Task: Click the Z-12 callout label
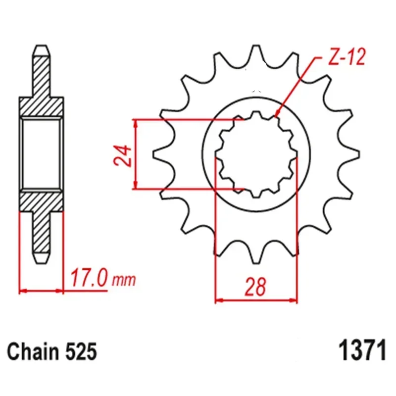point(346,57)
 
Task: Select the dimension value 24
point(123,155)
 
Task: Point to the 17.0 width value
point(89,278)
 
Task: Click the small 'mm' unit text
point(124,280)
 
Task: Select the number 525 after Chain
point(81,351)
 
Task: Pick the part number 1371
point(362,351)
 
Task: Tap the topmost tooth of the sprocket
point(256,53)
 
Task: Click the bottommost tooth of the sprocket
point(256,255)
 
